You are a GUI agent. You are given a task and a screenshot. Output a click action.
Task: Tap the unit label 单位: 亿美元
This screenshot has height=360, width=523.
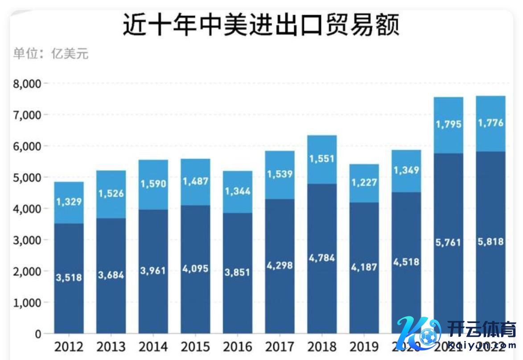[51, 54]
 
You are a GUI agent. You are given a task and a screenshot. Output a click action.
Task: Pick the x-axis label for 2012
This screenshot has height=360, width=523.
[69, 346]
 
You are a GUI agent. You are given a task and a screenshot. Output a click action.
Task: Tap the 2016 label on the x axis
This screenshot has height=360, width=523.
[238, 346]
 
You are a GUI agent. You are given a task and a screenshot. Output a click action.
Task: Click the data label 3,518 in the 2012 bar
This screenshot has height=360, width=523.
[69, 277]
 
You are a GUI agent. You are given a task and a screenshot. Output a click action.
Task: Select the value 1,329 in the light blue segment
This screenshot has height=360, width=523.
[69, 202]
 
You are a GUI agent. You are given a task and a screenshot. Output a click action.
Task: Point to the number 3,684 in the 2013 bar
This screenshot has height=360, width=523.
[111, 274]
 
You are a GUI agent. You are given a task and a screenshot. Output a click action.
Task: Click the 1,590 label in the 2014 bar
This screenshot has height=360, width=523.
[153, 184]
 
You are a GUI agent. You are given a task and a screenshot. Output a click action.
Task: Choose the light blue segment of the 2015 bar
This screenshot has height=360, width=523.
[195, 181]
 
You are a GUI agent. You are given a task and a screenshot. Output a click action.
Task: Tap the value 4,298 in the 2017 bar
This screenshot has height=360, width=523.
[280, 266]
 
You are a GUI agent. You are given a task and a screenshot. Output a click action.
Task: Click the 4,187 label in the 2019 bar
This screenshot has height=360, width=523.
[364, 267]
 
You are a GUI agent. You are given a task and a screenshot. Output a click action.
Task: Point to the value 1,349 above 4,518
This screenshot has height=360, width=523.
[406, 170]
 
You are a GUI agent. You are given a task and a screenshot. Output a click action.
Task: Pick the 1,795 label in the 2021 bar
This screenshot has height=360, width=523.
[448, 124]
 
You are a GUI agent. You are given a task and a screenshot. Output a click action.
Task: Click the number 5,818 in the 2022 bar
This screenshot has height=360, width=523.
[490, 242]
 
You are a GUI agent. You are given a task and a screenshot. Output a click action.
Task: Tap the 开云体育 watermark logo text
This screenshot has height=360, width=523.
[477, 329]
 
